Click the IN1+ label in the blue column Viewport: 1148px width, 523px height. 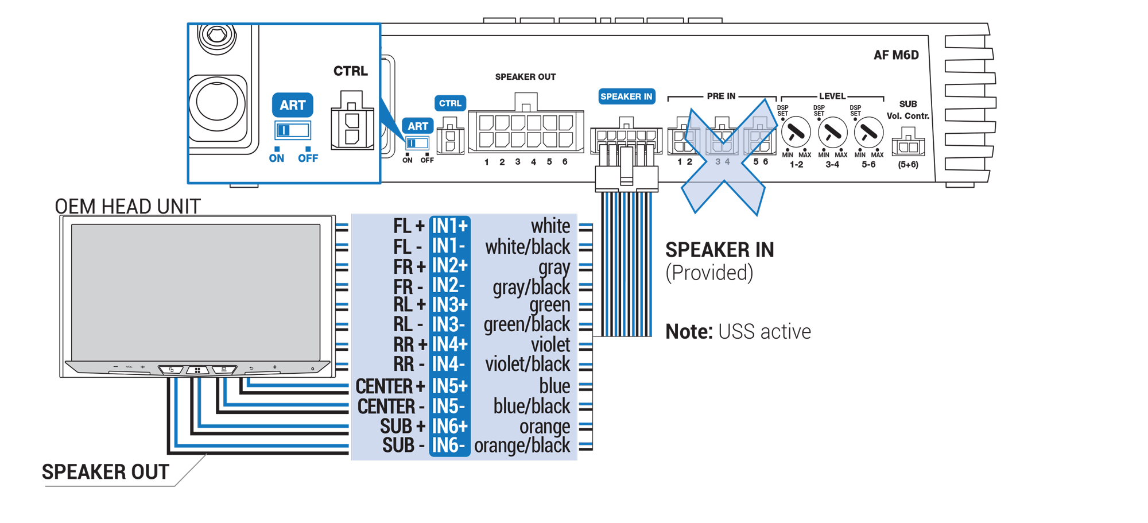click(x=449, y=226)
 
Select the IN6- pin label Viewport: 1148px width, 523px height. click(x=449, y=445)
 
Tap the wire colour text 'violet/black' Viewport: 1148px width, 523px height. click(x=528, y=364)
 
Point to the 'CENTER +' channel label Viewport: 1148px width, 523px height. click(x=390, y=386)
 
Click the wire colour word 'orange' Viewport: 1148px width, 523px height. click(x=544, y=427)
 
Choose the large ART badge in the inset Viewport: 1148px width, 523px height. click(x=293, y=105)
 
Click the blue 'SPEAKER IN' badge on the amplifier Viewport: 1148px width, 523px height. click(x=626, y=96)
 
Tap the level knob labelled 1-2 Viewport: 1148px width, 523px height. click(x=796, y=133)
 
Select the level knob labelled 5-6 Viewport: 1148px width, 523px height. click(x=868, y=133)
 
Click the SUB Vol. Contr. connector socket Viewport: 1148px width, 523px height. click(x=908, y=145)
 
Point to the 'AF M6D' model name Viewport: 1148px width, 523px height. click(x=896, y=55)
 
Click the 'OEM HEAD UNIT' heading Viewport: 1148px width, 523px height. click(x=127, y=206)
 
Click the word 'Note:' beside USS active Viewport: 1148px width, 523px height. click(x=689, y=332)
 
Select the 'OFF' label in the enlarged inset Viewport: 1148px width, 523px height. click(x=308, y=158)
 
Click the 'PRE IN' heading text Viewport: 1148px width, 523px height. click(x=721, y=96)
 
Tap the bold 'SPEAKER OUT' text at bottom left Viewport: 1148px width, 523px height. click(x=106, y=472)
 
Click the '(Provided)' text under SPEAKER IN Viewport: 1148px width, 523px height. click(x=709, y=273)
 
